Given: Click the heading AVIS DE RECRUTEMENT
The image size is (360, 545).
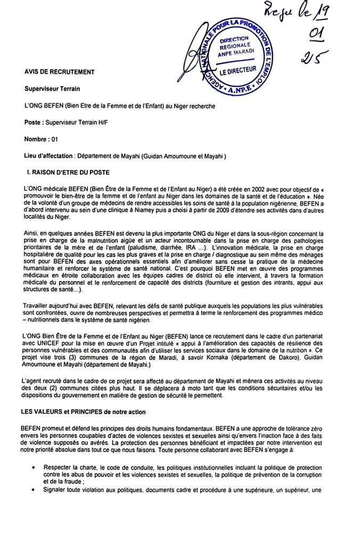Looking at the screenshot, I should tap(59, 72).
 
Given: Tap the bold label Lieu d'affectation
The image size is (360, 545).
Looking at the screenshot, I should tap(49, 156).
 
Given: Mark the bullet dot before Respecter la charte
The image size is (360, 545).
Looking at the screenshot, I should tap(34, 466).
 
